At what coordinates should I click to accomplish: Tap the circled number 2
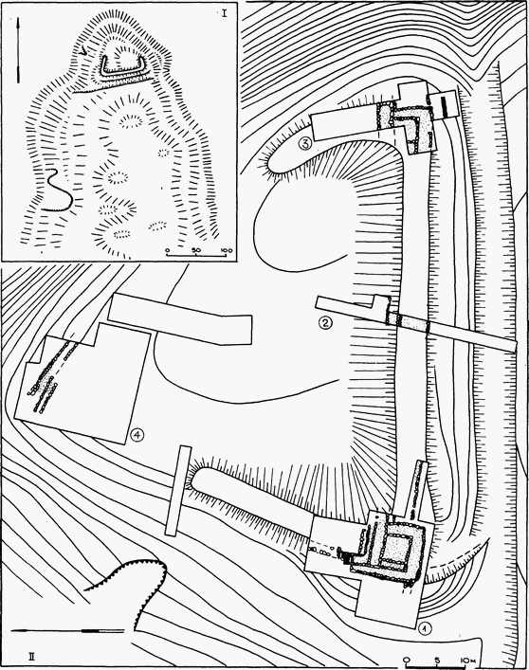(325, 323)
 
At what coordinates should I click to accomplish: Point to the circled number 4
(137, 435)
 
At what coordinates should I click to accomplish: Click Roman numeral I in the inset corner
(225, 13)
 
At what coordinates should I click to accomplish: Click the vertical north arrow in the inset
(18, 49)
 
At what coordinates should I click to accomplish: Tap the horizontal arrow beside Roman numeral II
(67, 630)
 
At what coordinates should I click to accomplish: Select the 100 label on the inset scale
(226, 250)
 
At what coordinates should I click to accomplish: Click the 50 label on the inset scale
(195, 250)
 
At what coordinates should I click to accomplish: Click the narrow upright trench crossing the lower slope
(178, 491)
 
